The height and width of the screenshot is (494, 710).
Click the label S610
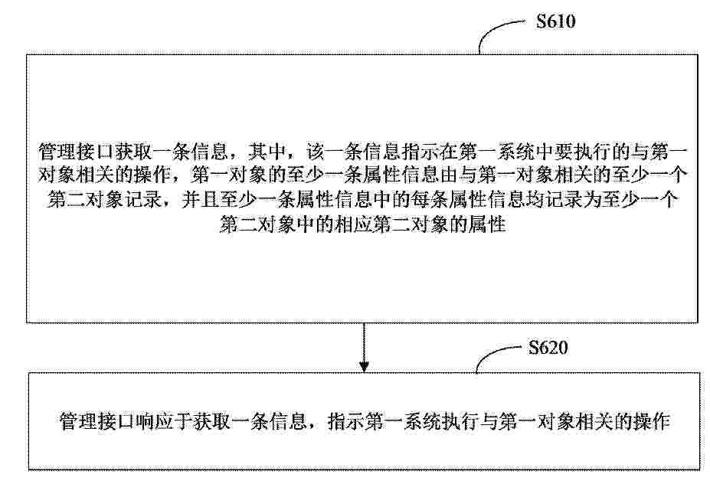click(x=555, y=21)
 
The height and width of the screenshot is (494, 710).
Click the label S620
click(x=548, y=348)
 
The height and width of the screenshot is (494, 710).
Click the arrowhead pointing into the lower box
click(x=364, y=366)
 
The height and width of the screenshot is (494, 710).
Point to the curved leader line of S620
click(x=493, y=355)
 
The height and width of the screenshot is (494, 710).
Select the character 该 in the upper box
click(x=316, y=152)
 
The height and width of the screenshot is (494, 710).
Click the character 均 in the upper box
click(x=535, y=200)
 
